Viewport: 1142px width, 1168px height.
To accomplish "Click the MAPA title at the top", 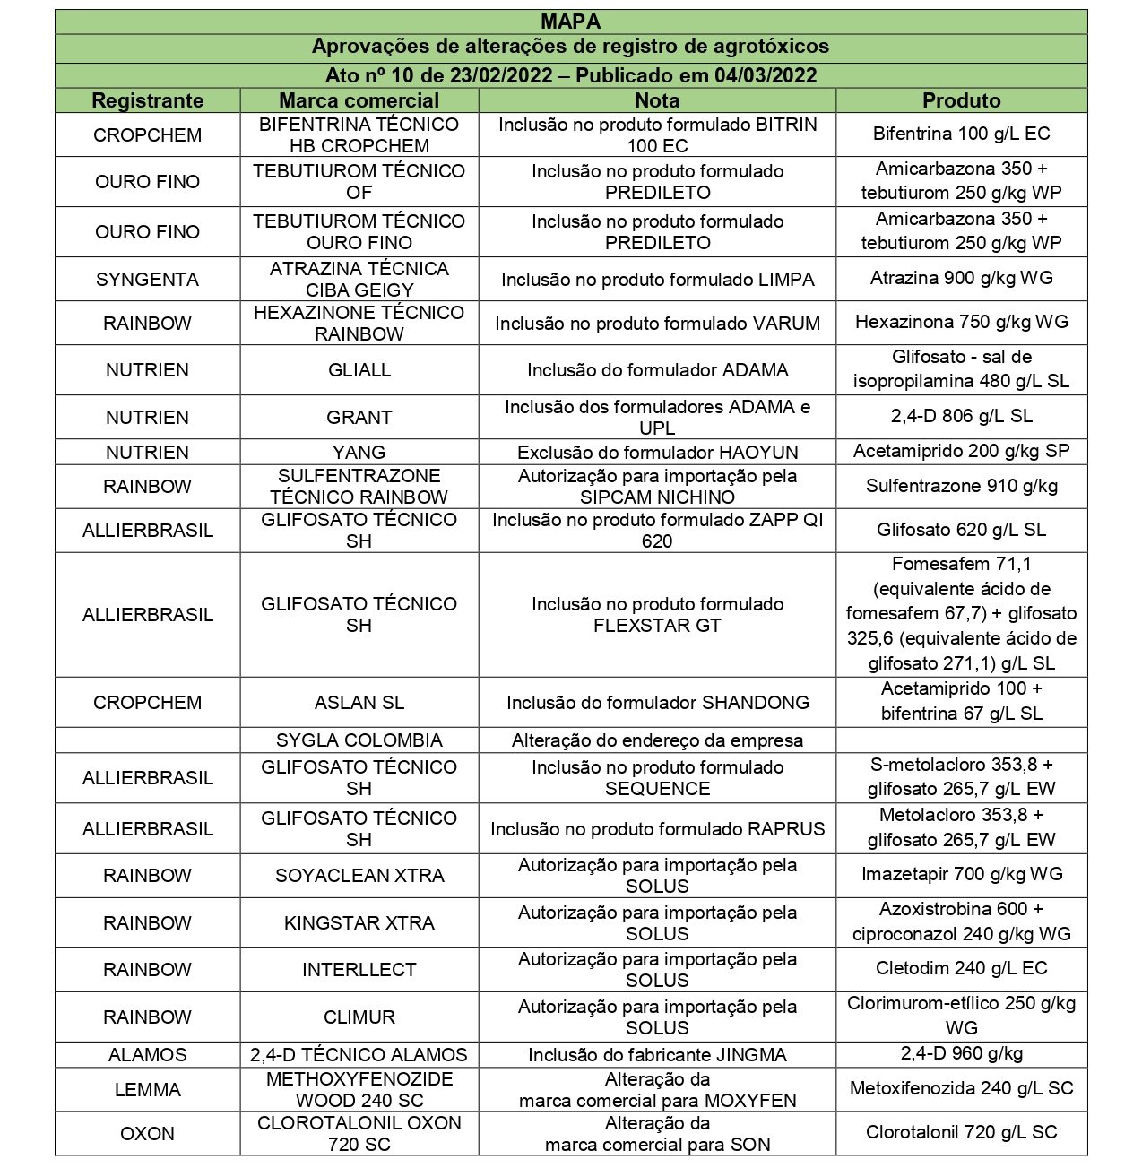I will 570,22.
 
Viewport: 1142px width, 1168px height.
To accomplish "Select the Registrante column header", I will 147,100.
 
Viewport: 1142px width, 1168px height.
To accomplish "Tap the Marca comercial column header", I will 359,100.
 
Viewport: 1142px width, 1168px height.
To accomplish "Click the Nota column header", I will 657,100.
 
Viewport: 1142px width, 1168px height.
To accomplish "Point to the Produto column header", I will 961,100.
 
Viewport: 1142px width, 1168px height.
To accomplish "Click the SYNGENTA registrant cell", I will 147,280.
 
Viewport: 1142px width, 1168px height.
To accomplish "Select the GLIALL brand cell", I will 359,370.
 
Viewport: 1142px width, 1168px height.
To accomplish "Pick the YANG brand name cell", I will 359,452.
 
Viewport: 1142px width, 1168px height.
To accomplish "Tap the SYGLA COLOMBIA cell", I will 359,740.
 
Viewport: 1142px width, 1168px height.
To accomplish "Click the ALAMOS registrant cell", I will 147,1055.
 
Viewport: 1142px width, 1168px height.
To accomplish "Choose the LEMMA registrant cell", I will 147,1090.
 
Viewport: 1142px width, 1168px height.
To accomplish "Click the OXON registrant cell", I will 147,1134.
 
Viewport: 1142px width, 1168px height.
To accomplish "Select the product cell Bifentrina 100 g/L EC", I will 961,134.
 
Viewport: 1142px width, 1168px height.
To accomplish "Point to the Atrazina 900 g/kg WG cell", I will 961,279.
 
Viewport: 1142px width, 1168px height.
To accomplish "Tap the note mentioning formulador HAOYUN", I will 657,452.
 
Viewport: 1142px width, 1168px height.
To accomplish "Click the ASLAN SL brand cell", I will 359,703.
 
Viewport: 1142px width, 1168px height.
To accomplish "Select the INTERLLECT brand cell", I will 359,970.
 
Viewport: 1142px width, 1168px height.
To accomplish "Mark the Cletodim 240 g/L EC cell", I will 961,969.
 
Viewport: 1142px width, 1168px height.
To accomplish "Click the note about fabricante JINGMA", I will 657,1055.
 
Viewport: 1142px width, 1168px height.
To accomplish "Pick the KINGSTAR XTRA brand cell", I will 359,923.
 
